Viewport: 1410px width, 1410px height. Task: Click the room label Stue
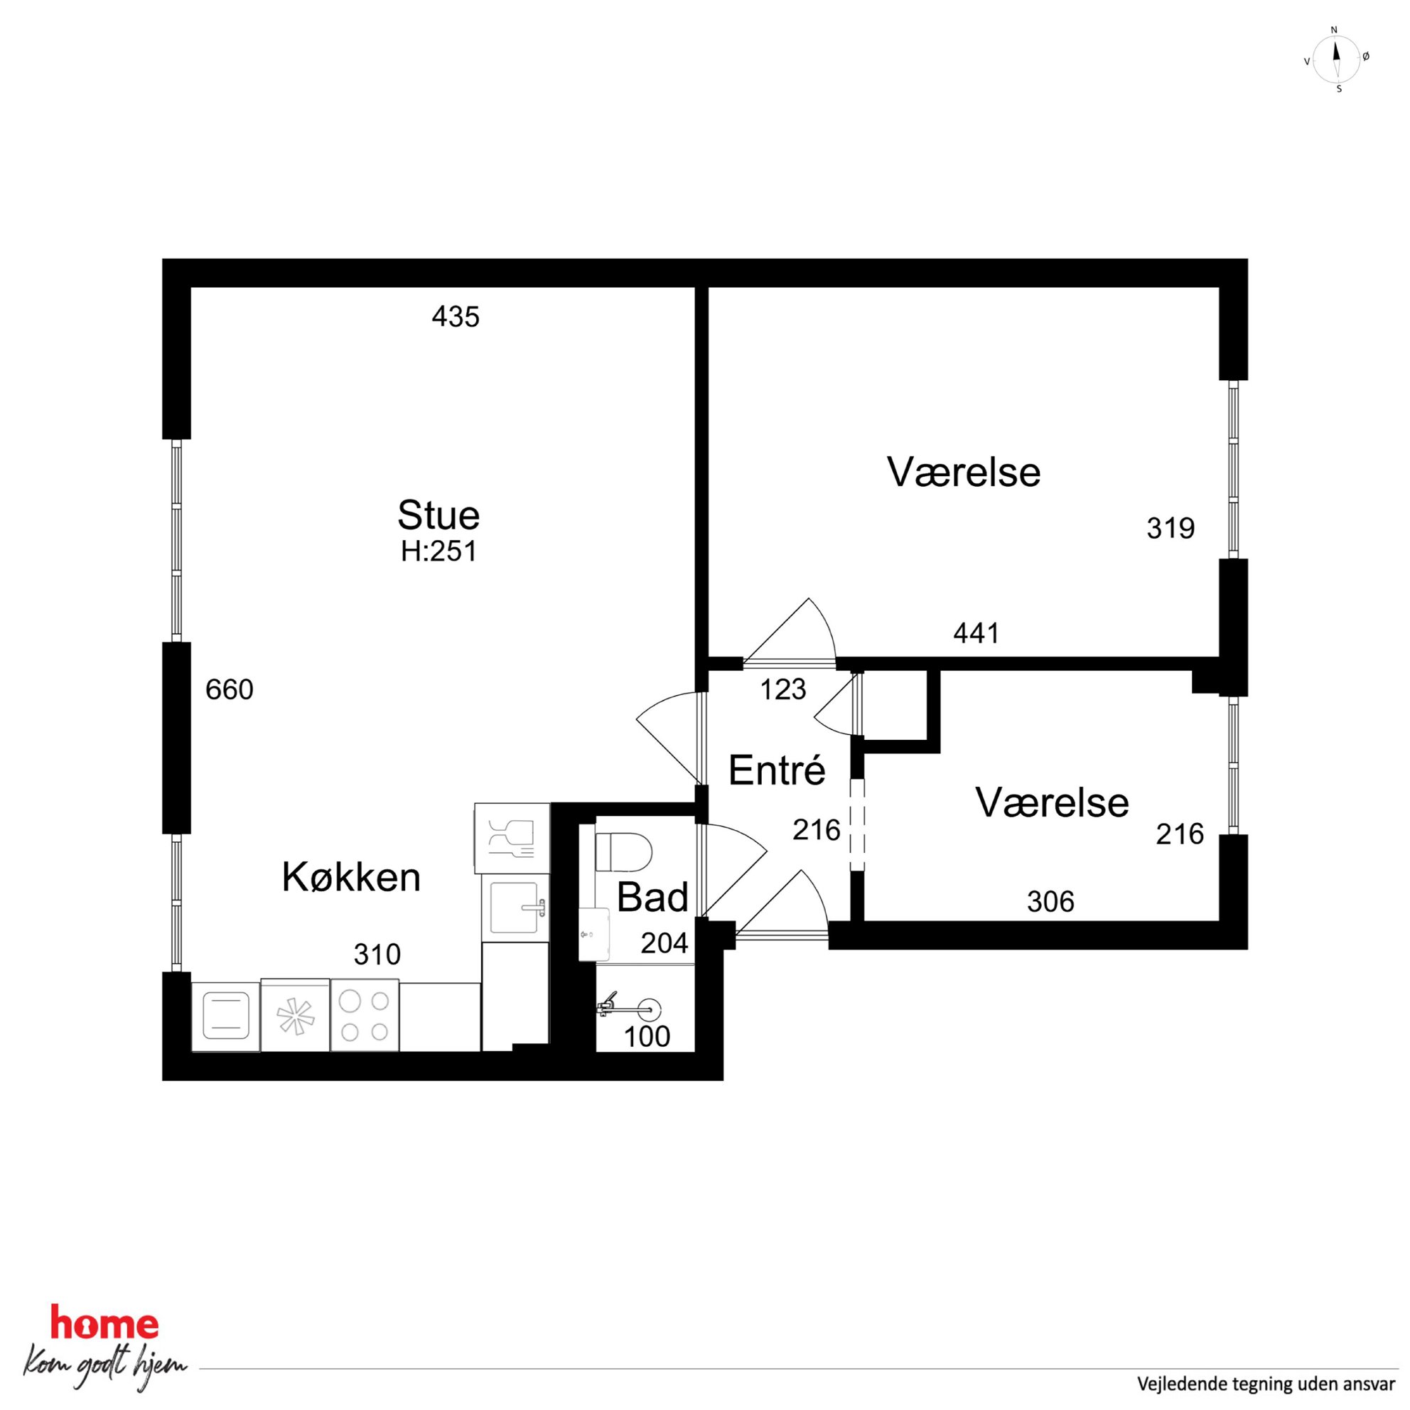438,515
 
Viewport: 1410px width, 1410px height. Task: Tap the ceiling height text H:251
438,551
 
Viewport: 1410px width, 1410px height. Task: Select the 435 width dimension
456,317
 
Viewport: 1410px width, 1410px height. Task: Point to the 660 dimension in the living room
229,689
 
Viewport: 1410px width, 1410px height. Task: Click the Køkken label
351,877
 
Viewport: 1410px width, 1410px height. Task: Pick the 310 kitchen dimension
377,954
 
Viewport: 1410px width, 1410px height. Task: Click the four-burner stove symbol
365,1015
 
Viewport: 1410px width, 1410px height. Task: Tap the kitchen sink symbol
515,907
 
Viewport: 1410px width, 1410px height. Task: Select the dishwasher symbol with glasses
512,838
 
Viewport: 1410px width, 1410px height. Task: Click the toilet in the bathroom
623,851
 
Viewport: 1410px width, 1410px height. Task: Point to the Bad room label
652,898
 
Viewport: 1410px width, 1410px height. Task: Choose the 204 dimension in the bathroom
664,944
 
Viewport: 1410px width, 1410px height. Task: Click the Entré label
777,770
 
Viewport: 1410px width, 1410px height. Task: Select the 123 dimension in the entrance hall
783,689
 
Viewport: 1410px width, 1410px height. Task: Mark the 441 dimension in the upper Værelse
976,633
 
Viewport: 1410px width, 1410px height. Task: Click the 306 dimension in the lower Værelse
1050,902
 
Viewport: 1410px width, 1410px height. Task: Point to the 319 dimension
1170,527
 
